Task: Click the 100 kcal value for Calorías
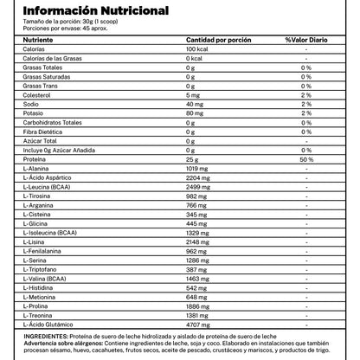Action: pyautogui.click(x=198, y=49)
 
